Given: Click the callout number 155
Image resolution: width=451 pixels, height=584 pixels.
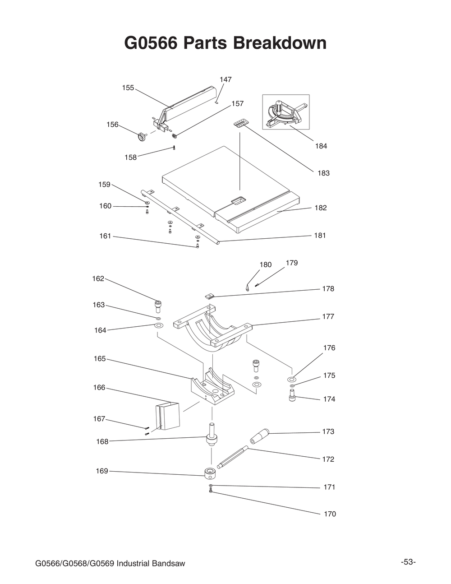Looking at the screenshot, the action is click(x=128, y=88).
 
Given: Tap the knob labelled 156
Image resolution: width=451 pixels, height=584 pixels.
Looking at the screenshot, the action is click(x=142, y=137).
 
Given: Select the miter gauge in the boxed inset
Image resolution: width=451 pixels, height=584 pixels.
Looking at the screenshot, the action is click(x=286, y=112).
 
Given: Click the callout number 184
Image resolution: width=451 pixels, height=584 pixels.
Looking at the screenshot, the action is click(x=321, y=146).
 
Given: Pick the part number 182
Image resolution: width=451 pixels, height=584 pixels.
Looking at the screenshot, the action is click(x=321, y=208).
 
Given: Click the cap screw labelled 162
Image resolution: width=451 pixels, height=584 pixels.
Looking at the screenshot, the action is click(x=158, y=306).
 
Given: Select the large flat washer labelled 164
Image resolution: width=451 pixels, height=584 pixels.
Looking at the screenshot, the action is click(x=159, y=326).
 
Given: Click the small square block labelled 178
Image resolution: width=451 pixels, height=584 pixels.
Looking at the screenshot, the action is click(x=210, y=296).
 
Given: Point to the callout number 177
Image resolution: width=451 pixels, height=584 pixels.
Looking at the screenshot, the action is click(x=328, y=316).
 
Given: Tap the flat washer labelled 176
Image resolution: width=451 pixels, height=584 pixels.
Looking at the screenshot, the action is click(x=291, y=379).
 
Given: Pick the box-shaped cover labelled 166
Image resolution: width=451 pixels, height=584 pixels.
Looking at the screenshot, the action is click(x=167, y=416).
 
